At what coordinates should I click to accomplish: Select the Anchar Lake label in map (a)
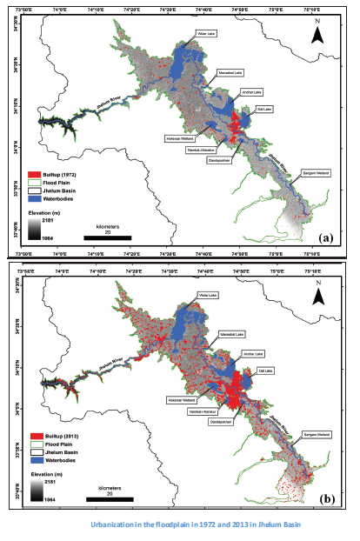[240, 90]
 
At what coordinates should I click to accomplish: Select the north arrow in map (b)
[318, 296]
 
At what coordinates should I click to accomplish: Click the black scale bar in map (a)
[108, 237]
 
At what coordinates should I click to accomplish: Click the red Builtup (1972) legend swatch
[37, 174]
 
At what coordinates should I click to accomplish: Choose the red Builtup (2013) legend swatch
[37, 434]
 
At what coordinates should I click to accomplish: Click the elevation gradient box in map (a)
[37, 228]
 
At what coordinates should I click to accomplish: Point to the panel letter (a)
[326, 237]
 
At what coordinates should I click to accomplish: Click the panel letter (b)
[326, 499]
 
